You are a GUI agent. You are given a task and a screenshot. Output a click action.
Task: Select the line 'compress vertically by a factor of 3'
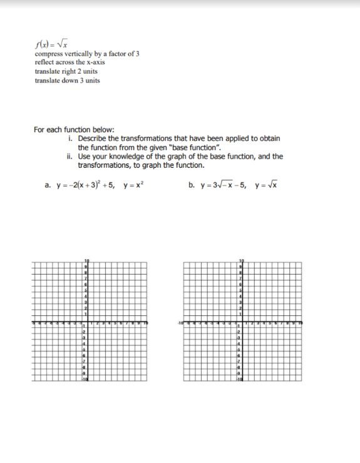tap(87, 54)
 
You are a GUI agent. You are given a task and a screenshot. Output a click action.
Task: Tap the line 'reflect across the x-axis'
tap(69, 63)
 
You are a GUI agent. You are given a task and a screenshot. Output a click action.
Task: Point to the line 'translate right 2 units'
tap(66, 72)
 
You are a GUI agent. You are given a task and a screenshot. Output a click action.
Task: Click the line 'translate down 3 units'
tap(67, 81)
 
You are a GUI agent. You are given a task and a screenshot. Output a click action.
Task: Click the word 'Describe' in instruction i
tap(92, 138)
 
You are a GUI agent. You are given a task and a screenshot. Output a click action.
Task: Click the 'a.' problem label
tap(48, 185)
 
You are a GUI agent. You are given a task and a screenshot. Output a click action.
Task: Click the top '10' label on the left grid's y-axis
tap(87, 260)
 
